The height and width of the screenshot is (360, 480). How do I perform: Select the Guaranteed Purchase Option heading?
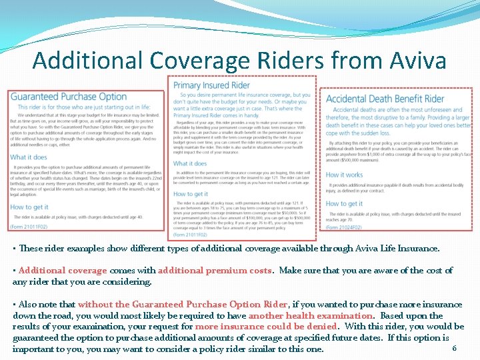(69, 97)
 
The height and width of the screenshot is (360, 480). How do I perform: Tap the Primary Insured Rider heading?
(211, 85)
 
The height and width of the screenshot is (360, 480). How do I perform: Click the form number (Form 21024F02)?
(343, 227)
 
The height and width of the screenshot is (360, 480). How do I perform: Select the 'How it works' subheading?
(344, 175)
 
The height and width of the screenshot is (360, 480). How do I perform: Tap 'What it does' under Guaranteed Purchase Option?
(29, 157)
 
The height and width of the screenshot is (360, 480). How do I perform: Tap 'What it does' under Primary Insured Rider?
(190, 163)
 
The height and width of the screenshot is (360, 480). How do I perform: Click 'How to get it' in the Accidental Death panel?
(345, 204)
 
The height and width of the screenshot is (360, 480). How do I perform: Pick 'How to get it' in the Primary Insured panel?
(191, 194)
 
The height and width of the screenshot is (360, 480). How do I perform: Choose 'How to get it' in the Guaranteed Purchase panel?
(29, 207)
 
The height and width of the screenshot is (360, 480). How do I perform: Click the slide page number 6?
(454, 348)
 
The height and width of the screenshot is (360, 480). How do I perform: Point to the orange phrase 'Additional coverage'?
(63, 271)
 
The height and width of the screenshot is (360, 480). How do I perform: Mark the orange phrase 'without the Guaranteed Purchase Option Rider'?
(182, 304)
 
